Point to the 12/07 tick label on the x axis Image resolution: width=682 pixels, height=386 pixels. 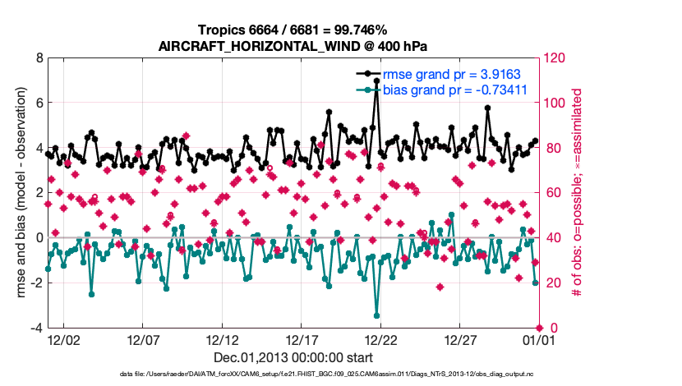(142, 339)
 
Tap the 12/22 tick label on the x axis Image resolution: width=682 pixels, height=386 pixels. (381, 339)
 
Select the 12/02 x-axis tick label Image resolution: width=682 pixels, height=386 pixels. (63, 339)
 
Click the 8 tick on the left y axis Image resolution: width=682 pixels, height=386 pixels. (37, 58)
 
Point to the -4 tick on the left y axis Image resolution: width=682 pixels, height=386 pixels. (35, 328)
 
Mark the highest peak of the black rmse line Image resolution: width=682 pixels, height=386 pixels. (376, 81)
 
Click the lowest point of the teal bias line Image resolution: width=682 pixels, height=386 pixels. (376, 315)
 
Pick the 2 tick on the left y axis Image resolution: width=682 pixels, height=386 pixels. (37, 193)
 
